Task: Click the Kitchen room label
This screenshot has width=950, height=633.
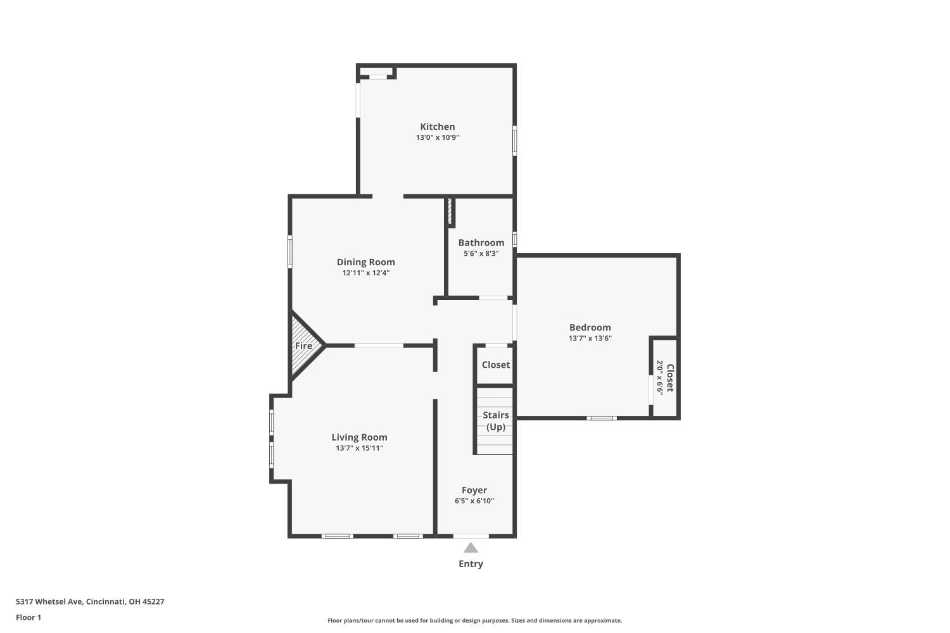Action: click(437, 127)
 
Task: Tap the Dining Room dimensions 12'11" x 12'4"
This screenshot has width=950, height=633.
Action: click(365, 273)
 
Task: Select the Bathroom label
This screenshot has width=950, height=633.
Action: click(481, 242)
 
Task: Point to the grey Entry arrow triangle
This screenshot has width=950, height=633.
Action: click(471, 548)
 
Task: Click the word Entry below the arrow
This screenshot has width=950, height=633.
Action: click(471, 563)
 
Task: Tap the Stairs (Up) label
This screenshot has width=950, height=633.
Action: click(495, 420)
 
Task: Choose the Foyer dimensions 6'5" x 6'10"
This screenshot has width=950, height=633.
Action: click(474, 501)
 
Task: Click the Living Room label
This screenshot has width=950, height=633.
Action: click(359, 437)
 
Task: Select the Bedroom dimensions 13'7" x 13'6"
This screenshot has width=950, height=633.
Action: click(590, 338)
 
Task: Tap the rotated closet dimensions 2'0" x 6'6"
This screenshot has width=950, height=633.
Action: click(659, 377)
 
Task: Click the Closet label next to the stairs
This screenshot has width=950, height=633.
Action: click(495, 365)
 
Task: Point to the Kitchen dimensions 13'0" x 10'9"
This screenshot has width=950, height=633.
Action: click(437, 137)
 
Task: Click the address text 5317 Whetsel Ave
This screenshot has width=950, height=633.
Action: click(49, 601)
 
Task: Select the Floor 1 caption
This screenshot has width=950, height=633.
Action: click(28, 617)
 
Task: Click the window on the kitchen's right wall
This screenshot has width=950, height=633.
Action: click(515, 141)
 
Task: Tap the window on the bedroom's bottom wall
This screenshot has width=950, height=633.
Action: click(602, 418)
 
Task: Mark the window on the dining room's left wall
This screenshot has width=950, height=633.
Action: click(290, 252)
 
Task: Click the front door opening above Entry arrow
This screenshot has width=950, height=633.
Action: click(471, 536)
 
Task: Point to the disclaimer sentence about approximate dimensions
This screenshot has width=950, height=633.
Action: click(474, 620)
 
